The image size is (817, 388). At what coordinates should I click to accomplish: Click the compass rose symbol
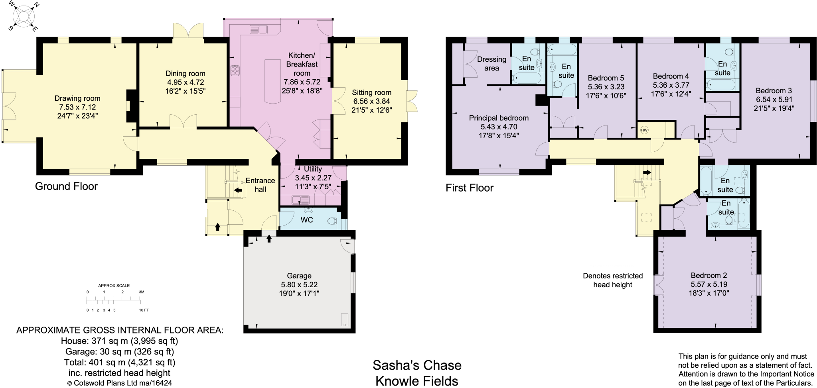(23, 16)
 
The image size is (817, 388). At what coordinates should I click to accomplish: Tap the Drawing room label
(77, 98)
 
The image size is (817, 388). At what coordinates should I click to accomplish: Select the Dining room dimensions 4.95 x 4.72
(185, 82)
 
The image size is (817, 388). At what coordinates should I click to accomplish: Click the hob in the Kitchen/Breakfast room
(235, 71)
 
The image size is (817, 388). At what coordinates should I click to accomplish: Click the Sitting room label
(371, 92)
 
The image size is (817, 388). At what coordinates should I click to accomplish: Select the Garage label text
(299, 276)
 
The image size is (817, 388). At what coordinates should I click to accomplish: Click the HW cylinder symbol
(644, 130)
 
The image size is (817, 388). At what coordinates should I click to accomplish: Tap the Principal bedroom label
(498, 118)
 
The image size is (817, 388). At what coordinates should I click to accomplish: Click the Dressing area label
(491, 64)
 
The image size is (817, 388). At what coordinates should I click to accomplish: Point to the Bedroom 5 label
(606, 78)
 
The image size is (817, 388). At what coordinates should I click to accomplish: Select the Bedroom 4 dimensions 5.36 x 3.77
(671, 85)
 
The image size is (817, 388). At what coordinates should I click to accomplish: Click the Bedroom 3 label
(774, 91)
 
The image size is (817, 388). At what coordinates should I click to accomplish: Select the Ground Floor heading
(66, 186)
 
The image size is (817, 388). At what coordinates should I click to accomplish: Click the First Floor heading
(469, 188)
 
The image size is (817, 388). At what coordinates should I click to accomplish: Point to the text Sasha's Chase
(416, 365)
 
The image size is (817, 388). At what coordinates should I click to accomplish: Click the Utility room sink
(297, 200)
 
